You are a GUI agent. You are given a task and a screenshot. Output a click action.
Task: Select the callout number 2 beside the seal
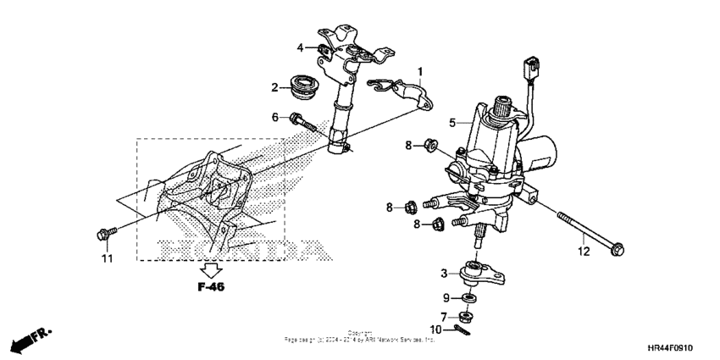pos(275,86)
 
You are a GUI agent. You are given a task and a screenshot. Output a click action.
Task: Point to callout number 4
pos(300,47)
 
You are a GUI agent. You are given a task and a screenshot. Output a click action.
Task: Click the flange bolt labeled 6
pos(302,121)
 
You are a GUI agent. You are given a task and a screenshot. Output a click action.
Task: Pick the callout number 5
pos(453,122)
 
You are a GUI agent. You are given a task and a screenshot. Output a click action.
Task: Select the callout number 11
pos(107,258)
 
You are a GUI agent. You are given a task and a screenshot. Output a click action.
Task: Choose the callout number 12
pos(582,252)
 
